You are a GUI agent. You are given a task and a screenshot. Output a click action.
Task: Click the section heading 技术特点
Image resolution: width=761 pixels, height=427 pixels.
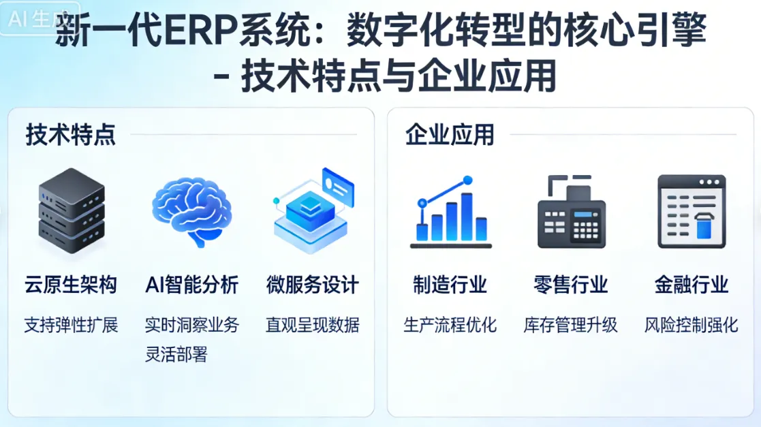pos(71,134)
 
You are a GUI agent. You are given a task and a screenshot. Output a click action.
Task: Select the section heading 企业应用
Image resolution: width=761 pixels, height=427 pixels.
pos(450,134)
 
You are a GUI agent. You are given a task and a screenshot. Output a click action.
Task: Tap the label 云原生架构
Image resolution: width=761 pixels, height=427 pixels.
pos(71,284)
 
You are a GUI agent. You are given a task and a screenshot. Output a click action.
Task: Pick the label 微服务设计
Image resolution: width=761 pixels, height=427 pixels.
pos(313,284)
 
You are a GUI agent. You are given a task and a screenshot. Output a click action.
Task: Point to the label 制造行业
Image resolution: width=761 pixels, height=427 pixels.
pos(450,284)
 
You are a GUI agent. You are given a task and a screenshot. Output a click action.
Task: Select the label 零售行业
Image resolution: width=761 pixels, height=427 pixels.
pos(571,284)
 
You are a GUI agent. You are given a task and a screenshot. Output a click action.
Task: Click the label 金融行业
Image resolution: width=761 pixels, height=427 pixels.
pos(692,284)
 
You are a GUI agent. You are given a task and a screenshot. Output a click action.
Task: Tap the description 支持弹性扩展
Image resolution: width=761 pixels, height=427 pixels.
pos(71,325)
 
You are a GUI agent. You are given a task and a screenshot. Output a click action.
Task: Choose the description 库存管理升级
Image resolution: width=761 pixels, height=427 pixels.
pos(571,325)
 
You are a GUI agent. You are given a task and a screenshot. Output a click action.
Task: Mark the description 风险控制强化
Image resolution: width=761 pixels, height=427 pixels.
pos(692,325)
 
